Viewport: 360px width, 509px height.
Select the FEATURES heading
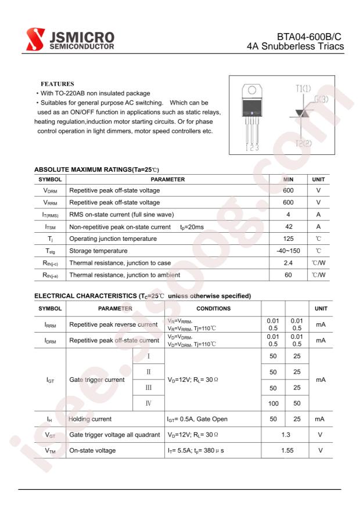57,84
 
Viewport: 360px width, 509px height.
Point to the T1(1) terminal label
305,89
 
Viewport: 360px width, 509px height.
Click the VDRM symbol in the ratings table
52,190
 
